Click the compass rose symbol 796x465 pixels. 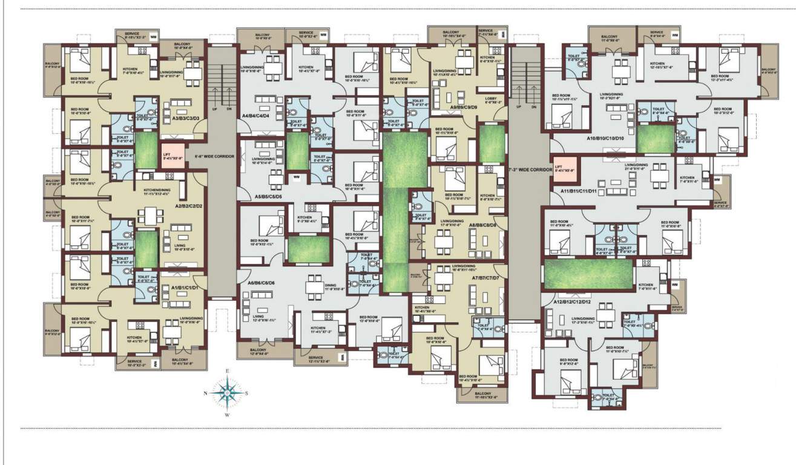[x=226, y=393]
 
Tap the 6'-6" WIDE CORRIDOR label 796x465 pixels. [x=211, y=156]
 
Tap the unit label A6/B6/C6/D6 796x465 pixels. [x=261, y=283]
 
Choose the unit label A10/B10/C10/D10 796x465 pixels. [x=609, y=139]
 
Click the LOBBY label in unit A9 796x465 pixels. [x=490, y=100]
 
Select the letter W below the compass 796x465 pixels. [x=226, y=415]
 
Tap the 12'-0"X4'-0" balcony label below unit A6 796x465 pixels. [x=258, y=352]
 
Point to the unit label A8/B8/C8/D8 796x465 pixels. [x=482, y=225]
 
